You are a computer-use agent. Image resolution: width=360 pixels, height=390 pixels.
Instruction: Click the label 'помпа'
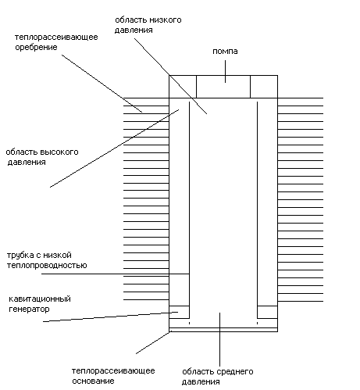coord(225,52)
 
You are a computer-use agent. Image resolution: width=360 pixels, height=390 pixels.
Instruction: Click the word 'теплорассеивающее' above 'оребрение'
coord(56,38)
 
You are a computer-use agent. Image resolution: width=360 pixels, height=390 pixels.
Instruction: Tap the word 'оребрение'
coord(36,48)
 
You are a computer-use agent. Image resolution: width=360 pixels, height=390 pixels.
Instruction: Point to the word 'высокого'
coord(59,152)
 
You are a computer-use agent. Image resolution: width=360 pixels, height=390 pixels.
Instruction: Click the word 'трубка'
coord(20,256)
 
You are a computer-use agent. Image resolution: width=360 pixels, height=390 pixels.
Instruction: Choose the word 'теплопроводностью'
coord(47,266)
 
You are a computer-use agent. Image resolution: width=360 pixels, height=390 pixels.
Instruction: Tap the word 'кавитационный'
coord(40,299)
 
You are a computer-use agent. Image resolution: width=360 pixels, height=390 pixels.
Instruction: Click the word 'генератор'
coord(29,309)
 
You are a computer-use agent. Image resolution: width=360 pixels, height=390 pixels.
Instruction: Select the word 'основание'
coord(93,381)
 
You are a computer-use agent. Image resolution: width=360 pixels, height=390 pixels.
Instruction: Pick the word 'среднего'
coord(234,372)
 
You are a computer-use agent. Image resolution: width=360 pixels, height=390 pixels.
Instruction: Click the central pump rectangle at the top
coord(223,87)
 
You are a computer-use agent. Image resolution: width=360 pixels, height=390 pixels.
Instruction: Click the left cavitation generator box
coord(179,312)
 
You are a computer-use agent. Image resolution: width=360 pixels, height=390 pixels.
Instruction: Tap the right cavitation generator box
coord(267,312)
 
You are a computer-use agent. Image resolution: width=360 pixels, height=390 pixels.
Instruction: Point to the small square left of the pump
coord(183,87)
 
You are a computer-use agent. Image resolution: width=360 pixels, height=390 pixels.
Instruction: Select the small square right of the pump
coord(264,87)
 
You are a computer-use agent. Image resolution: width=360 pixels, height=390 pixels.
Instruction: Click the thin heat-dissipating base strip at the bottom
coord(223,330)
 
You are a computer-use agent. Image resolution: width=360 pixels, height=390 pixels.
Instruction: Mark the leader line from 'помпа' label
coord(225,71)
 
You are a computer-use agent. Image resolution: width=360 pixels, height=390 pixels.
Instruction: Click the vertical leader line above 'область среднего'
coord(220,339)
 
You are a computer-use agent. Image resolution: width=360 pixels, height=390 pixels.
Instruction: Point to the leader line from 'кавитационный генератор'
coord(110,317)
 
